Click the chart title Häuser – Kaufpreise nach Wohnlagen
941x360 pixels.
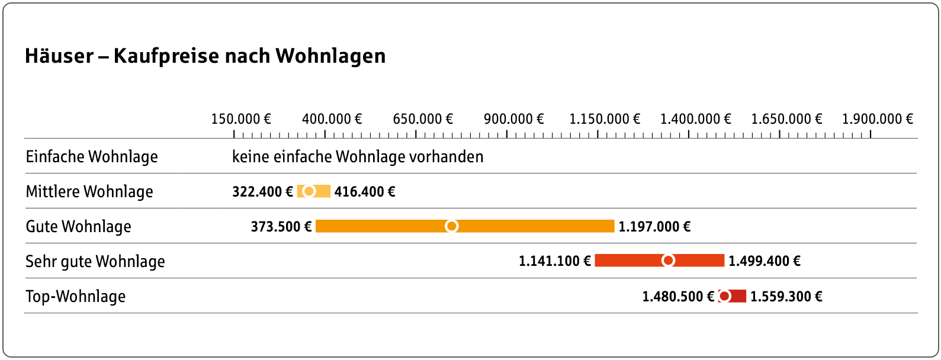coord(205,56)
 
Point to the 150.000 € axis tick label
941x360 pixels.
coord(241,119)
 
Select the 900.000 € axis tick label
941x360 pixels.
coord(513,119)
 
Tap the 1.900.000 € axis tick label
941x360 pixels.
coord(877,119)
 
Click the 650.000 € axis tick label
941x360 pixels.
coord(423,119)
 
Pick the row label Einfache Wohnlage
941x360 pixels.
coord(92,157)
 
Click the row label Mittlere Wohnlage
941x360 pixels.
coord(89,192)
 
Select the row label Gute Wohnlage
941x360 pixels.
coord(78,227)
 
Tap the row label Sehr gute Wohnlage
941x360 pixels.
coord(95,262)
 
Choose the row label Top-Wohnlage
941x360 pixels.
coord(76,297)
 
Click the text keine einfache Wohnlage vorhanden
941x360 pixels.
coord(358,157)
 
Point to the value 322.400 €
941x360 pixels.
coord(262,192)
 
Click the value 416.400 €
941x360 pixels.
coord(365,192)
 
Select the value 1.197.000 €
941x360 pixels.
coord(654,227)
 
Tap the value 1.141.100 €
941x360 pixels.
coord(555,261)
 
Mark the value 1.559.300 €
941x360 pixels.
coord(786,297)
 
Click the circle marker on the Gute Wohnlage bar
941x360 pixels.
coord(451,226)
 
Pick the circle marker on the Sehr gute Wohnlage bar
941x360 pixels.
coord(668,261)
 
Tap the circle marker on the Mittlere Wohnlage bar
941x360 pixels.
coord(309,191)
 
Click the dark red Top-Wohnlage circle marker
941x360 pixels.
coord(724,296)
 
